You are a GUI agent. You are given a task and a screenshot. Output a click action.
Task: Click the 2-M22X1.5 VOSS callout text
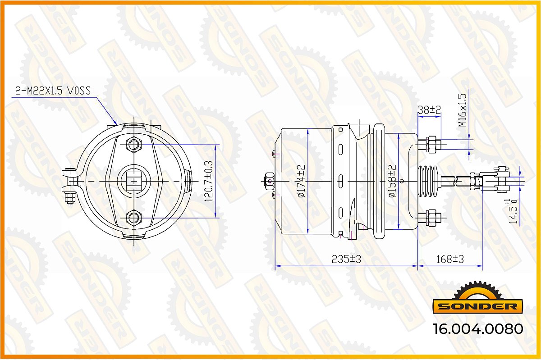click(x=53, y=91)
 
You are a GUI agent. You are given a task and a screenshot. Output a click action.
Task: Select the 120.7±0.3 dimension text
click(x=209, y=181)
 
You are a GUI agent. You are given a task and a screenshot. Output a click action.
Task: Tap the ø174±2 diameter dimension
click(x=302, y=181)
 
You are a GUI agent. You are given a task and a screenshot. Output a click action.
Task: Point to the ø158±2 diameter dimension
click(x=392, y=181)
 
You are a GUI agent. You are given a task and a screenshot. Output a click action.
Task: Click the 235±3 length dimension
click(x=346, y=260)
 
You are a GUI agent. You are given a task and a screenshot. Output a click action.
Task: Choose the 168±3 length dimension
click(x=450, y=260)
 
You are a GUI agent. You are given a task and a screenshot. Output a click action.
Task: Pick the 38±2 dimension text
click(x=429, y=110)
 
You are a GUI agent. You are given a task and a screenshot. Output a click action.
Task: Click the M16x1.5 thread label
click(x=463, y=110)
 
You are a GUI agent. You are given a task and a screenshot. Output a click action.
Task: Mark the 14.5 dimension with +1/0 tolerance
click(x=512, y=212)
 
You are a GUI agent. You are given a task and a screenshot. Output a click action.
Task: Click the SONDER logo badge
click(x=478, y=298)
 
